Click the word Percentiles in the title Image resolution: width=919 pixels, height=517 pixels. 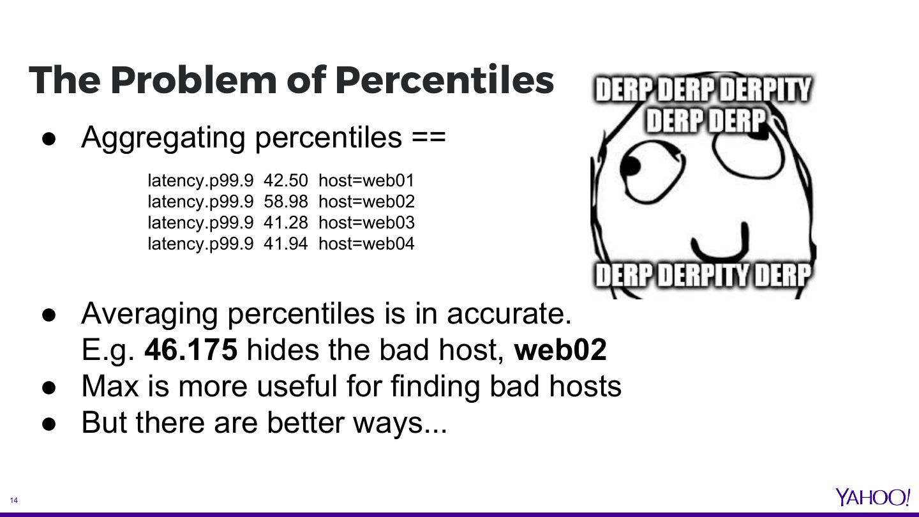(x=445, y=80)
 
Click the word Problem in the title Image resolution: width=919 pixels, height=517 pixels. (x=193, y=80)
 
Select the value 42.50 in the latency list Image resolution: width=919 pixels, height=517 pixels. (x=285, y=181)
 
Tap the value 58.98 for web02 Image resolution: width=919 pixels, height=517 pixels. (x=285, y=202)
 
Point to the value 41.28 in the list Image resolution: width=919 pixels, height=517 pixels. (x=285, y=223)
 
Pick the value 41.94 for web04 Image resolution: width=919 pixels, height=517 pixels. (x=285, y=244)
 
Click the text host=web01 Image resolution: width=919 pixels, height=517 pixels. (x=366, y=181)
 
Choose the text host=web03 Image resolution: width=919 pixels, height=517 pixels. (x=366, y=223)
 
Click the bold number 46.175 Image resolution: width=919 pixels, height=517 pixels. (x=191, y=350)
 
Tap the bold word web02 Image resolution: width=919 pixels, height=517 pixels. (x=560, y=350)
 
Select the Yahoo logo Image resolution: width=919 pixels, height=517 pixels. (x=872, y=497)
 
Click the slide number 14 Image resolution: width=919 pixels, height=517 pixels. (x=14, y=500)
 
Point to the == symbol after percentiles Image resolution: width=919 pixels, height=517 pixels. (x=429, y=137)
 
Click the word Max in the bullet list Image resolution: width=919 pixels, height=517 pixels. (x=110, y=386)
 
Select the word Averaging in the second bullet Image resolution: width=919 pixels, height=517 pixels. (x=149, y=314)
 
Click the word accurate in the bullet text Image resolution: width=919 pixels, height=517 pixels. (x=509, y=313)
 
